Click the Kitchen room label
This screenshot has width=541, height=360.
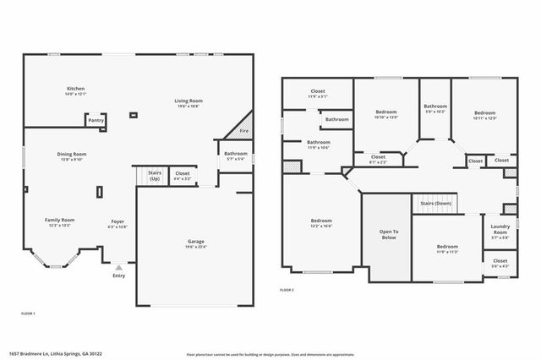point(76,89)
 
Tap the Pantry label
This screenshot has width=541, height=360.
point(96,121)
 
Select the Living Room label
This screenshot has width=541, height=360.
point(189,101)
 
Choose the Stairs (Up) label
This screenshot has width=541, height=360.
point(154,176)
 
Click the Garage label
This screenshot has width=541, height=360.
point(196,242)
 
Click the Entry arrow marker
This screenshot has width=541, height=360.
point(117,267)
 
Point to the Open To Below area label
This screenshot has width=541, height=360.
point(389,234)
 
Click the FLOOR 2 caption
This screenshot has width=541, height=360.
point(287,290)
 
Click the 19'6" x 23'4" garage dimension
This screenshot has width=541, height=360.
point(196,247)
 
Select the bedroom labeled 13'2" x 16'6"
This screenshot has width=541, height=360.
point(321,226)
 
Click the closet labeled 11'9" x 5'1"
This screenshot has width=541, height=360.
point(318,95)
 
